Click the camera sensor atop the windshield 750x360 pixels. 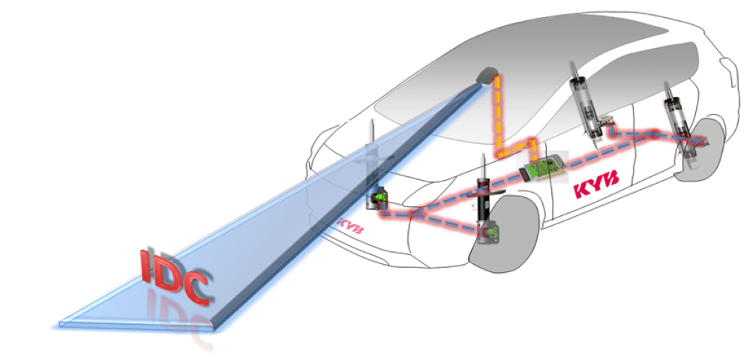488,75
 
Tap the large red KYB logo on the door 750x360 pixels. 596,183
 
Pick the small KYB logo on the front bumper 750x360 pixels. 349,226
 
